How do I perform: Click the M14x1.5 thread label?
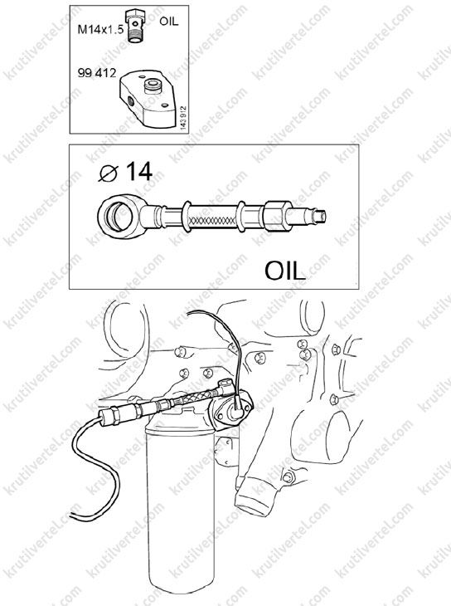[x=100, y=29]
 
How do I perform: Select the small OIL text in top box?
[x=169, y=22]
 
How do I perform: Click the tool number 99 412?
[x=96, y=73]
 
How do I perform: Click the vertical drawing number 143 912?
[x=183, y=118]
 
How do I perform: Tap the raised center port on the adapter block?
[x=152, y=86]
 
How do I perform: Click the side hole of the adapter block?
[x=130, y=102]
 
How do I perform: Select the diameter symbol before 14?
[x=108, y=173]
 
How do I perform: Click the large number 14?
[x=139, y=171]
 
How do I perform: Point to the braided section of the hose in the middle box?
[x=211, y=217]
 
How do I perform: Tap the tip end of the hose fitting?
[x=322, y=216]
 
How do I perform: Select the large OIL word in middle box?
[x=284, y=271]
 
